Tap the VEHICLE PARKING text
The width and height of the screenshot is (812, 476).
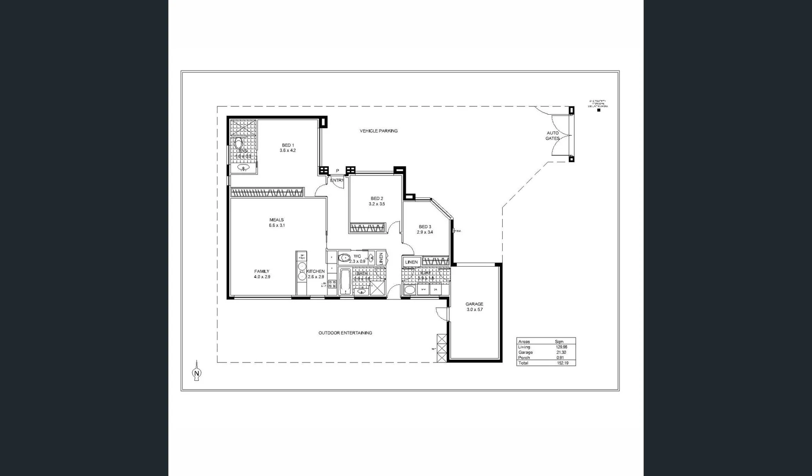coord(378,131)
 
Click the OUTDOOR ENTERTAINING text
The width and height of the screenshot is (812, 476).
coord(345,333)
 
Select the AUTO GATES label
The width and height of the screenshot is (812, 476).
coord(553,136)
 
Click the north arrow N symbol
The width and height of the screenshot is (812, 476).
coord(197,373)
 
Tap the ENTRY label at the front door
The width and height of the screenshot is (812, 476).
coord(337,180)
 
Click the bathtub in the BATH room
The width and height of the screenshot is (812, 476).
coord(345,282)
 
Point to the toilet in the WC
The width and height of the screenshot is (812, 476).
coord(343,258)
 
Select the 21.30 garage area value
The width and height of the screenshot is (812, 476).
coord(561,353)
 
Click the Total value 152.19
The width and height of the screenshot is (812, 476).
coord(562,363)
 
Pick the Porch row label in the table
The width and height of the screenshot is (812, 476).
coord(524,358)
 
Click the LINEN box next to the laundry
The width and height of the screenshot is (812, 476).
coord(412,262)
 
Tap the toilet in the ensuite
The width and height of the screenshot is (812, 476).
coord(239,144)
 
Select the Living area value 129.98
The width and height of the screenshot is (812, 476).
coord(561,347)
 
